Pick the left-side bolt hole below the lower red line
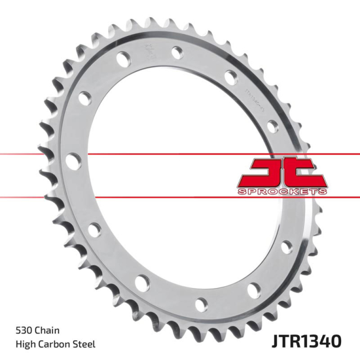(93, 230)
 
